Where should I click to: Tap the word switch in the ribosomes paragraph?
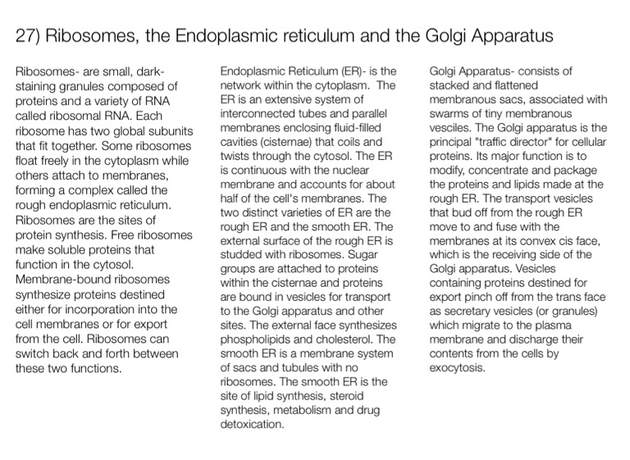click(34, 353)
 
